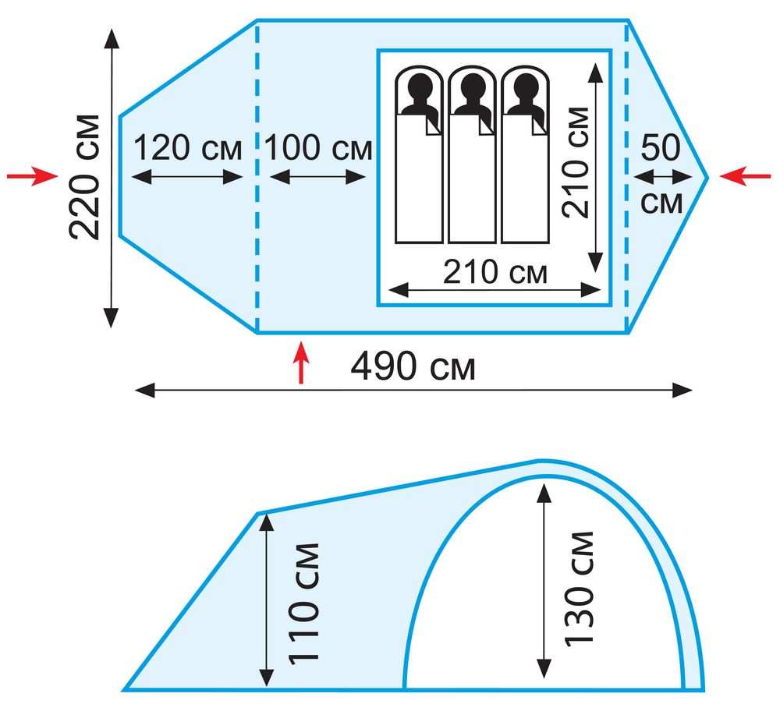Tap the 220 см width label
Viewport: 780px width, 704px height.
click(84, 178)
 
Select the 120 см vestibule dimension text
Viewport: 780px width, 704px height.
click(187, 147)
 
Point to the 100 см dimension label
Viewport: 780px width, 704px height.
click(318, 147)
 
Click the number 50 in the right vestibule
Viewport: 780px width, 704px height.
click(661, 147)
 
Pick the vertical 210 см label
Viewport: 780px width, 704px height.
click(576, 163)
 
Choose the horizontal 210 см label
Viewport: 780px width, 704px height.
click(495, 272)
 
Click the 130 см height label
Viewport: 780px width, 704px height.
click(579, 589)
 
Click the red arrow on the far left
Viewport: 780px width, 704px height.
click(32, 176)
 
